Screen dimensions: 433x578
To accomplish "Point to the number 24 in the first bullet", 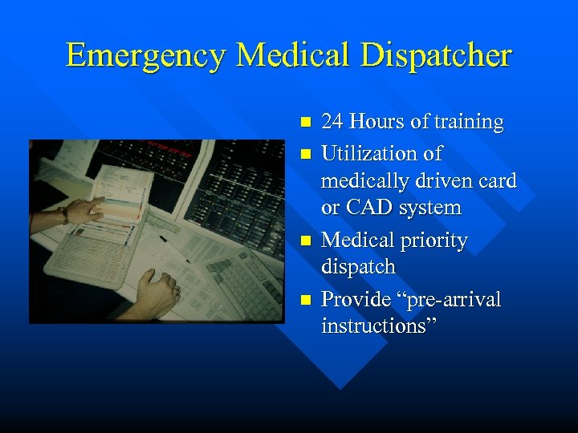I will tap(332, 123).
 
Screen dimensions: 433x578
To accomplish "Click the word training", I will tap(468, 123).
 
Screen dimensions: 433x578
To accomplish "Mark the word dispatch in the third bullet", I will tap(358, 266).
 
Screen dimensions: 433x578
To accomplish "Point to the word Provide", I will tap(356, 300).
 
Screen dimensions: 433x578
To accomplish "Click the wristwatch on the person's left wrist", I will tap(63, 214).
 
